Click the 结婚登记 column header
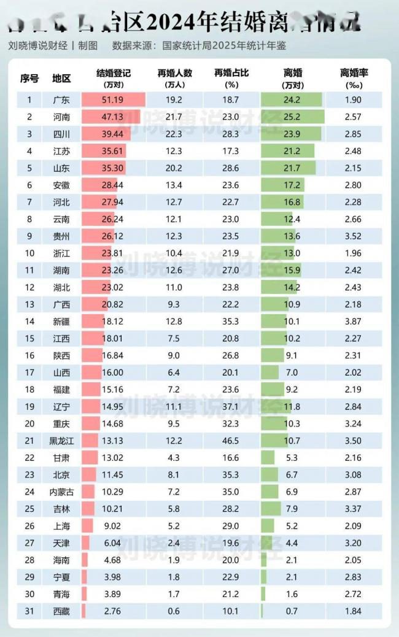pos(114,74)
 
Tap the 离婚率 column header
pos(354,74)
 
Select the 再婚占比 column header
pos(231,74)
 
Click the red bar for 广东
pos(113,99)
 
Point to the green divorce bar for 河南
pos(292,117)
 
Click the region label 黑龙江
pos(61,440)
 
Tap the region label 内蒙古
pos(61,491)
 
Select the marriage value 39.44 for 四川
pos(113,133)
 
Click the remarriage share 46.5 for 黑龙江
pos(231,440)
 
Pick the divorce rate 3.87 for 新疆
pos(354,320)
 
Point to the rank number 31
pos(29,611)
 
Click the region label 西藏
pos(61,611)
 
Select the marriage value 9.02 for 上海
pos(113,525)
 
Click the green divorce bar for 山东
pos(289,168)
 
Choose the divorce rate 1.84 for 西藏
pos(354,611)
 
